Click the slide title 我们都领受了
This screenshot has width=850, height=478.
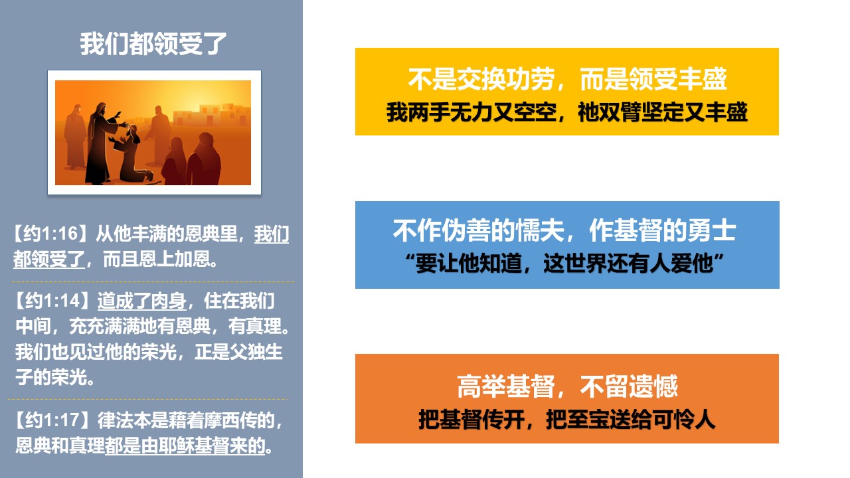[x=153, y=44]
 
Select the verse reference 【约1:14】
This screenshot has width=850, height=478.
[x=52, y=301]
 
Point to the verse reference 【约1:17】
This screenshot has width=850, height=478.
[x=52, y=420]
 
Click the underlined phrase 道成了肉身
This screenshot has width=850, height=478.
[x=142, y=301]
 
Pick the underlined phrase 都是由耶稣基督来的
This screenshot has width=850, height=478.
[x=185, y=445]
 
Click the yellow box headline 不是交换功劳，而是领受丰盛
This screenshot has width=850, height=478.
[x=567, y=79]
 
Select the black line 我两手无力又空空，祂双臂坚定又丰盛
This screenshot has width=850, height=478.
[x=567, y=112]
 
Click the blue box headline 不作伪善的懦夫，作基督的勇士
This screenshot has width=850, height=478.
[x=564, y=230]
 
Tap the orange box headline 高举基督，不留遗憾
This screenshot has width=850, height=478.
[x=567, y=386]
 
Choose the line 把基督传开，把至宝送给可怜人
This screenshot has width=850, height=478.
[x=567, y=420]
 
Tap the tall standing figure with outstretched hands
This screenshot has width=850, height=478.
[x=102, y=143]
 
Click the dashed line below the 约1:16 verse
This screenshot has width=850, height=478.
[x=153, y=282]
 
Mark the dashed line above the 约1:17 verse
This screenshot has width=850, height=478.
[x=147, y=399]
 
